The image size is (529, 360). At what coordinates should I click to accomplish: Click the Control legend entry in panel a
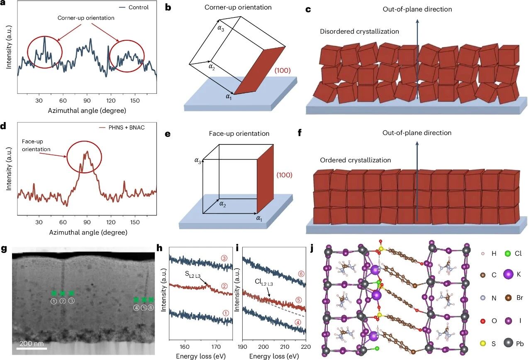coord(138,7)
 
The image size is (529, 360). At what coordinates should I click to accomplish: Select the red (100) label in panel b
coord(283,71)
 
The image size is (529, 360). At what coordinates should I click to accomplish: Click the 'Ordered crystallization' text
coord(355,160)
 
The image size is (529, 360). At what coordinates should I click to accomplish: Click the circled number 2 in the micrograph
coord(63,301)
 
